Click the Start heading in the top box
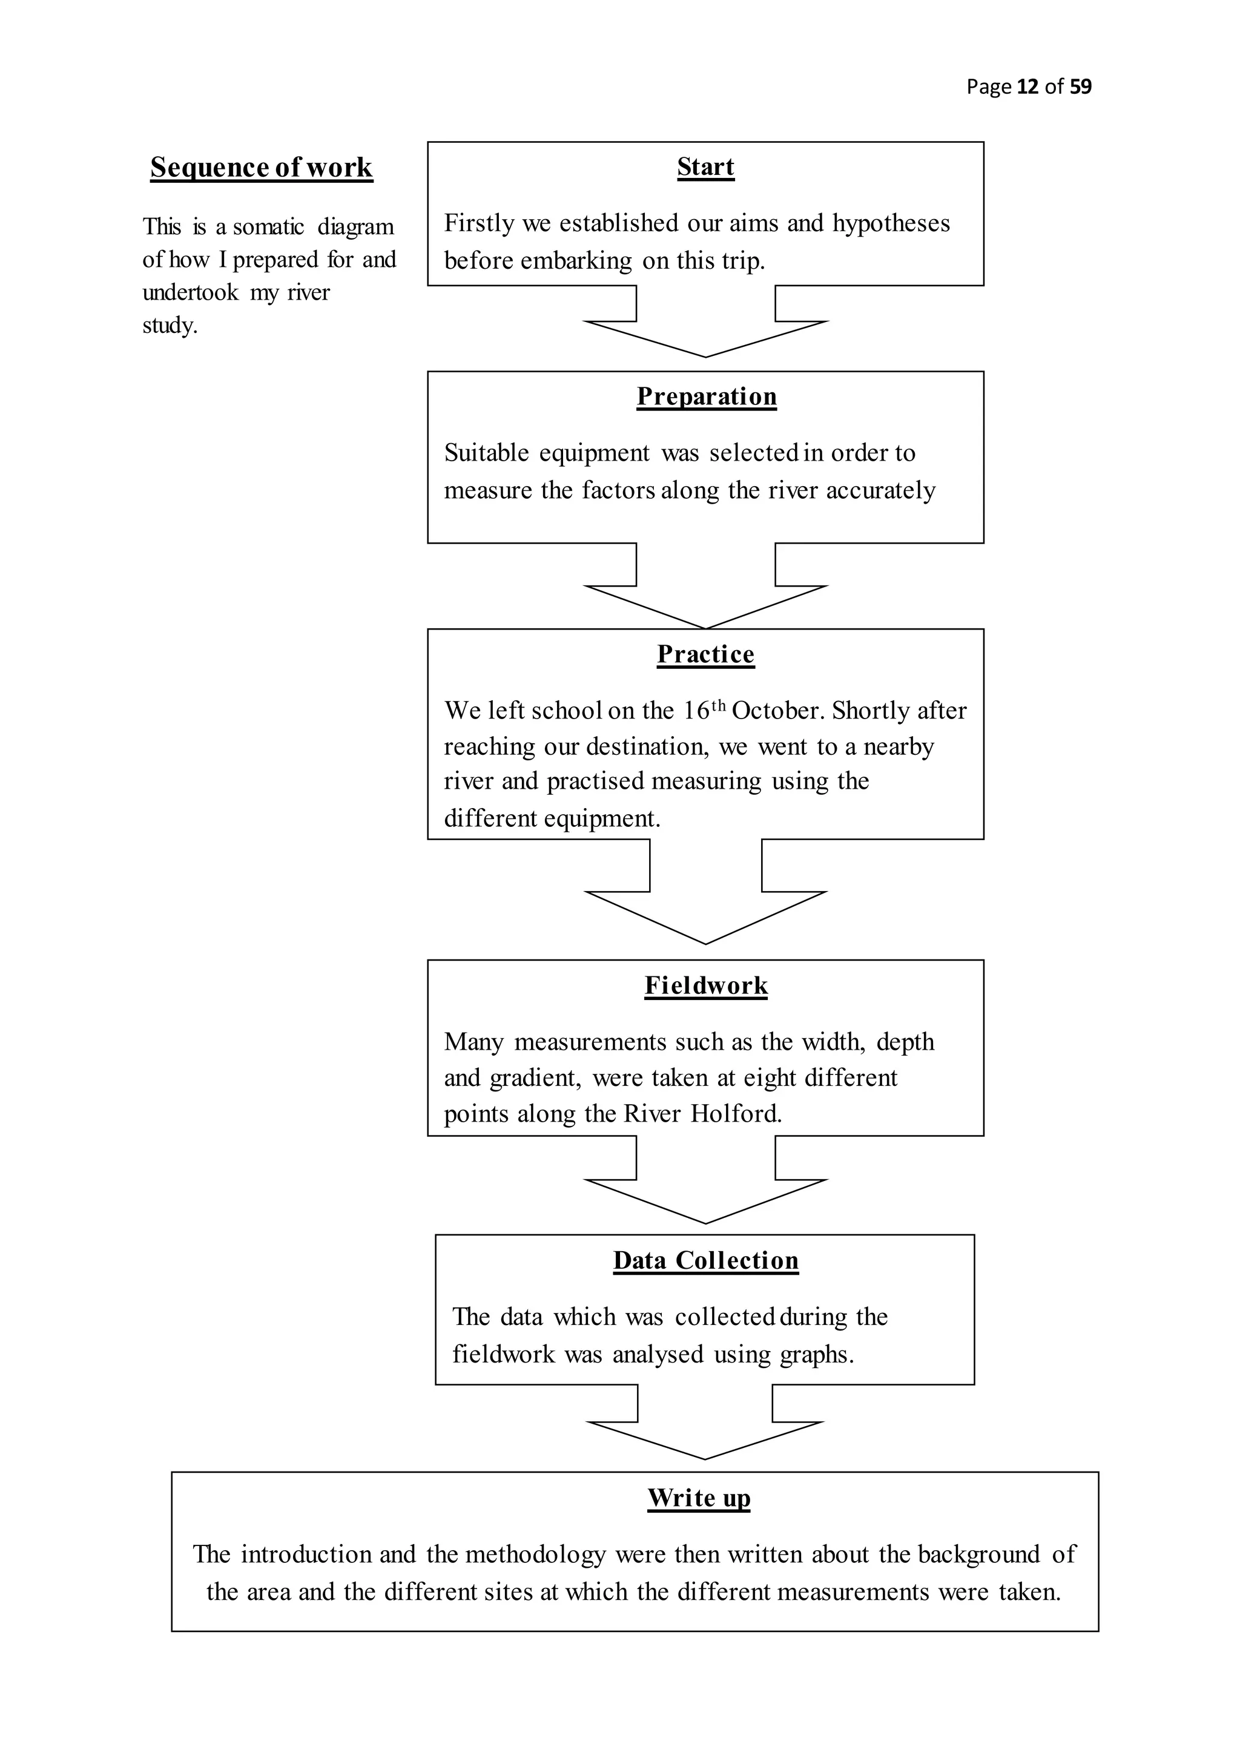coord(705,166)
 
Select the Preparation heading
coord(707,396)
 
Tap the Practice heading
coord(705,654)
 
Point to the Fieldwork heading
coord(705,985)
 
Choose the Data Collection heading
coord(705,1260)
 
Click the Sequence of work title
coord(261,167)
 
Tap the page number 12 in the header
coord(1027,87)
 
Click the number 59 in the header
coord(1080,87)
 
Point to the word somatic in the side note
coord(268,227)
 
